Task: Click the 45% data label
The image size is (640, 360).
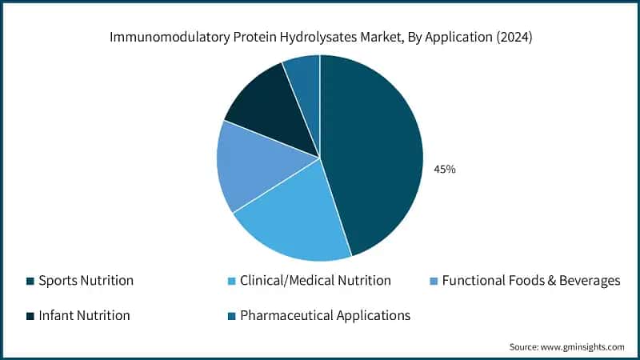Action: [x=444, y=170]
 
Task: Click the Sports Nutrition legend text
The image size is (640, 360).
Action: [x=86, y=281]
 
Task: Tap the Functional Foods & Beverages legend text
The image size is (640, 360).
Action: [x=530, y=281]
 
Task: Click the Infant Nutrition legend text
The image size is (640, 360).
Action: [x=84, y=315]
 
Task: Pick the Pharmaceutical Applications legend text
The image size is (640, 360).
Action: [x=325, y=315]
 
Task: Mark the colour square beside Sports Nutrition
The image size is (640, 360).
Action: [x=30, y=281]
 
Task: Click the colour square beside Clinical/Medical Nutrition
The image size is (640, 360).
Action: [x=232, y=281]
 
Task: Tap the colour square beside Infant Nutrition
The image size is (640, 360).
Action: [x=30, y=315]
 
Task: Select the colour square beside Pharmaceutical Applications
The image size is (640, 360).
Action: [x=232, y=315]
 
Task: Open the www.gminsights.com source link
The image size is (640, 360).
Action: [x=585, y=346]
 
